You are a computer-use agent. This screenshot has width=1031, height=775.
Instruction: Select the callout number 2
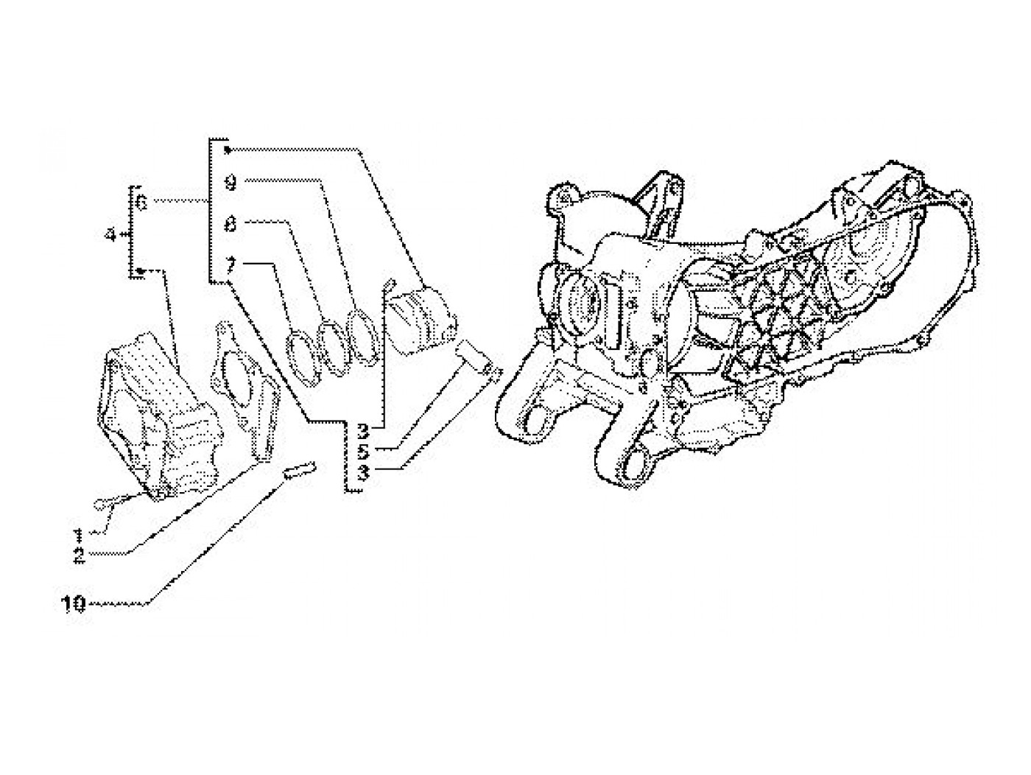(x=79, y=555)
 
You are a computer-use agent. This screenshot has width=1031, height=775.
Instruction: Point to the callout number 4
(x=110, y=235)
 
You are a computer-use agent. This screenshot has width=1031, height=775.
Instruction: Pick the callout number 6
(x=143, y=203)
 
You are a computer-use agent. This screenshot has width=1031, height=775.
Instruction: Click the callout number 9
(x=231, y=183)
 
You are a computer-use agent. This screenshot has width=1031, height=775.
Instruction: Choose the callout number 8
(x=231, y=224)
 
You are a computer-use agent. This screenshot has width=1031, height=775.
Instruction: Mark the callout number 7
(x=231, y=264)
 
